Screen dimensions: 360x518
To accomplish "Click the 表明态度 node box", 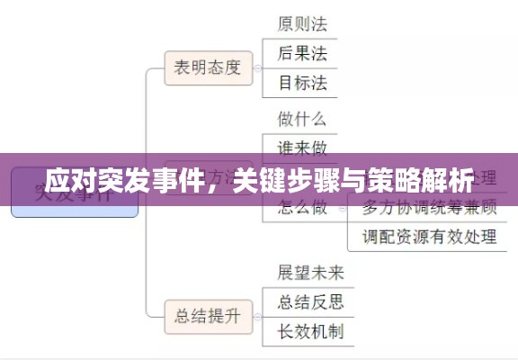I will (208, 67).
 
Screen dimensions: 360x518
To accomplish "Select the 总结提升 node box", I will (208, 315).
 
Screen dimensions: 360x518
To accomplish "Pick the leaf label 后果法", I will (302, 52).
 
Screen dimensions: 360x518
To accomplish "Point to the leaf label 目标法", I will (302, 84).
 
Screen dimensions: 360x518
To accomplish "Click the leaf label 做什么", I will (302, 118).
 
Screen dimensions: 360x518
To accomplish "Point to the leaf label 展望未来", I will (311, 271).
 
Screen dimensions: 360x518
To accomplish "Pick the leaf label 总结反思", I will (311, 301).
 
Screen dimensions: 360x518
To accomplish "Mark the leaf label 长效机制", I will (311, 331).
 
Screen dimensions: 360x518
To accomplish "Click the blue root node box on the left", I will (74, 193).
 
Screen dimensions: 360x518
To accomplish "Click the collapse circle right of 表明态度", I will (257, 67).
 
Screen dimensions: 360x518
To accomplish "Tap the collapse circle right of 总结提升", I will (257, 315).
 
